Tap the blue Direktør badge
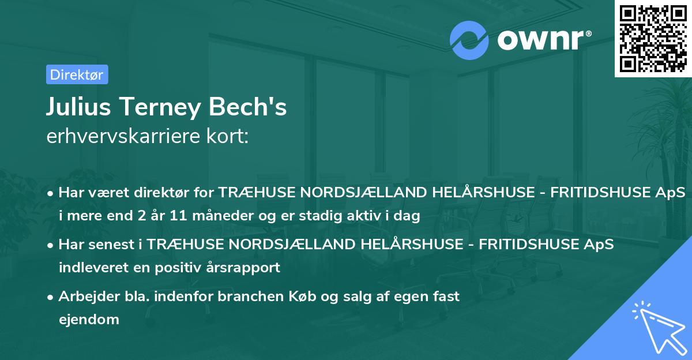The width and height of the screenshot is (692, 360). click(77, 74)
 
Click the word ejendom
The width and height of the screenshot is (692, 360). click(89, 319)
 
